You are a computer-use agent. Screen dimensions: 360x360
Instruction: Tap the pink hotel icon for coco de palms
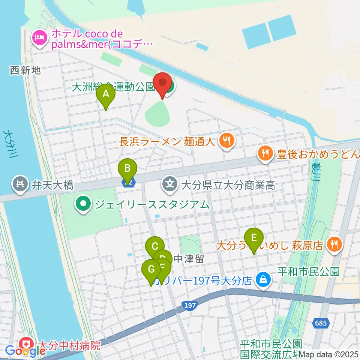39,37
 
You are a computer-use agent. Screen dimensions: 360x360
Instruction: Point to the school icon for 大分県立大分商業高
170,184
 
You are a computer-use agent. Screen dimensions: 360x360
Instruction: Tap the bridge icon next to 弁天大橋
19,184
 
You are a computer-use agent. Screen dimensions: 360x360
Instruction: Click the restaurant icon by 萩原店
333,245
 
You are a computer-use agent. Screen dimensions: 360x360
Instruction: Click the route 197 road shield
190,306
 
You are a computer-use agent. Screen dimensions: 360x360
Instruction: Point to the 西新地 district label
25,70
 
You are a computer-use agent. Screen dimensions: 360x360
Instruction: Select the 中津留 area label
189,259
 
